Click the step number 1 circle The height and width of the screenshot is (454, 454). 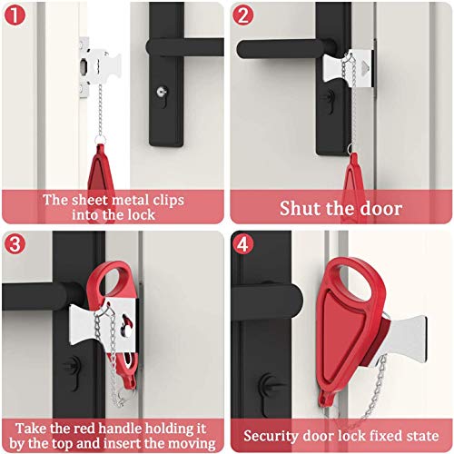coord(15,15)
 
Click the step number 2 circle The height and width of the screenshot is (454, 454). coord(242,15)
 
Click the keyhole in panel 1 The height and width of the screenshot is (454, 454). coord(162,92)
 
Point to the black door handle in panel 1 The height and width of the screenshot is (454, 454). coord(182,47)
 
